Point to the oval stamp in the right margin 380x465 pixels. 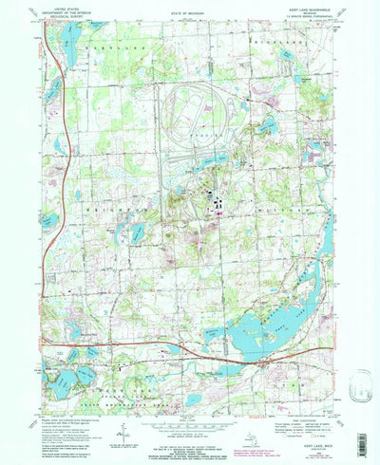click(360, 387)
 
